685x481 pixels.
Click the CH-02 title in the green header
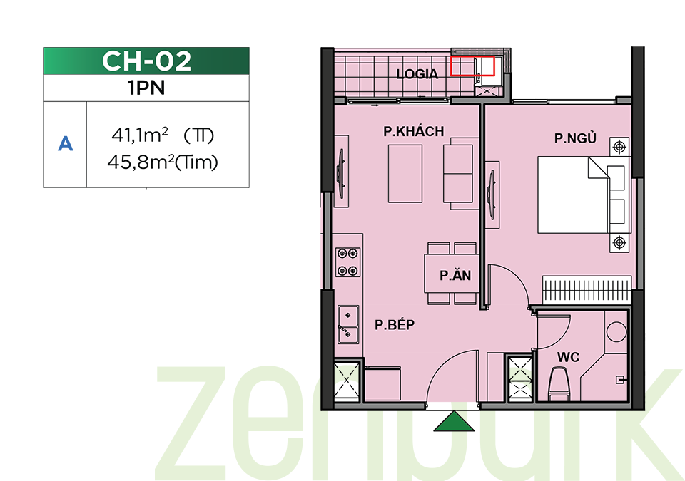click(146, 61)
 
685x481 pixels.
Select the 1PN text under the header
click(146, 88)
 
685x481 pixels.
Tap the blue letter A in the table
click(65, 144)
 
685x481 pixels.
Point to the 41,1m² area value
click(140, 135)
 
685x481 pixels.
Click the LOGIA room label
click(417, 74)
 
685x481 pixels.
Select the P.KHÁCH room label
click(414, 131)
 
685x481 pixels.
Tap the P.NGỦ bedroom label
click(575, 138)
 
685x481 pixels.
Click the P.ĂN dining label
click(455, 275)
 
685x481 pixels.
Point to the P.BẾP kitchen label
click(395, 324)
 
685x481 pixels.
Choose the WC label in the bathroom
click(568, 357)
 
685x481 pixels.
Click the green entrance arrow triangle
click(454, 422)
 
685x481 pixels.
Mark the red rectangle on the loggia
click(472, 66)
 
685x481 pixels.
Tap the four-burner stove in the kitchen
click(347, 262)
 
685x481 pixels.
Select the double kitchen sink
click(348, 324)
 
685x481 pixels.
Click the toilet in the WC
click(559, 383)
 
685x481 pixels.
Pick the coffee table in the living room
click(405, 174)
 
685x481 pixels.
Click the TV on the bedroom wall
click(491, 195)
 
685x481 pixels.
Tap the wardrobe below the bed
click(587, 289)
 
